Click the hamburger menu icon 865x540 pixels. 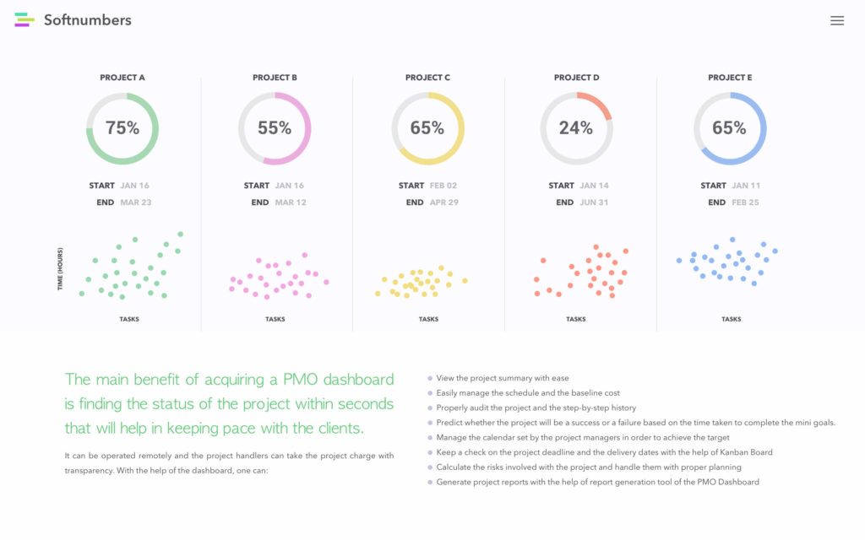[x=836, y=21]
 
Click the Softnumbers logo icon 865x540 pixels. [x=24, y=20]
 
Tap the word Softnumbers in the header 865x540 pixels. [x=88, y=20]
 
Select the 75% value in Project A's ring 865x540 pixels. [x=122, y=128]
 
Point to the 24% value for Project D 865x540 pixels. [x=575, y=128]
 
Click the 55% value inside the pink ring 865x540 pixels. [x=275, y=128]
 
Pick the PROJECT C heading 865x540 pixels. [x=427, y=78]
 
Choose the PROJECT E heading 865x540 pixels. [x=730, y=78]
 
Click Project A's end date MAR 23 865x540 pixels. [x=135, y=202]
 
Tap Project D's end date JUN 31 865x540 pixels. [x=594, y=202]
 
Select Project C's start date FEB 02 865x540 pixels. [x=443, y=186]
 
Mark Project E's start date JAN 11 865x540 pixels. [x=746, y=186]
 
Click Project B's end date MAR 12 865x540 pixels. [x=291, y=202]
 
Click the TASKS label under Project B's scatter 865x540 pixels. [x=275, y=320]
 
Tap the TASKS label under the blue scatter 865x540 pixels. [x=732, y=320]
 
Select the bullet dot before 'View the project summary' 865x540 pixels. [x=430, y=379]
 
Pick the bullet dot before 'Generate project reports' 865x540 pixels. [x=430, y=483]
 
